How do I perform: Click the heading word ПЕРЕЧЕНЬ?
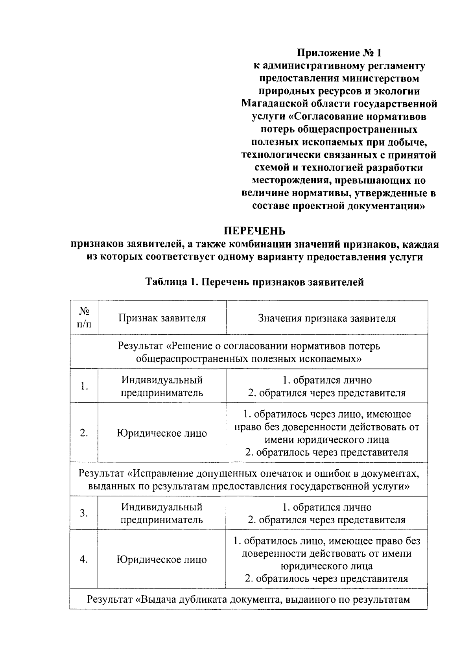point(254,231)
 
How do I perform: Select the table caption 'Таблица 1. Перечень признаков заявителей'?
point(254,282)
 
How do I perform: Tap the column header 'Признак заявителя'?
point(162,318)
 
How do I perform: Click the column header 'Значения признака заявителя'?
point(327,318)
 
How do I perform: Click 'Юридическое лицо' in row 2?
point(162,433)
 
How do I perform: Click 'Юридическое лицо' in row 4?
point(162,559)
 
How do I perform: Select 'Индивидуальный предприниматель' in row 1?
point(162,386)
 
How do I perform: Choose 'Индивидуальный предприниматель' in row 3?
point(162,513)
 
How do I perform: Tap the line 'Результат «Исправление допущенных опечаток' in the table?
point(249,473)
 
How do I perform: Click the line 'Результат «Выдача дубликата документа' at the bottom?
point(249,600)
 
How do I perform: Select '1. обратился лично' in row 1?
point(327,380)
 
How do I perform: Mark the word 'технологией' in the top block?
point(332,168)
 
